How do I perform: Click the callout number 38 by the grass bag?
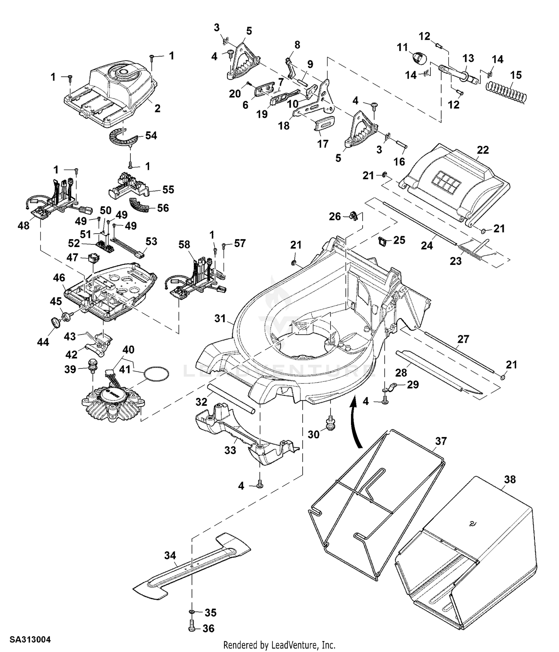510,479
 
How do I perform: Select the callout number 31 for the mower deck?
220,319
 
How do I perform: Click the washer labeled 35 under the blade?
192,613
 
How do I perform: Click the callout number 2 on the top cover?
157,108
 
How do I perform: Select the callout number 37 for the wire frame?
441,441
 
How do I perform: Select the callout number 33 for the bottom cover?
230,450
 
